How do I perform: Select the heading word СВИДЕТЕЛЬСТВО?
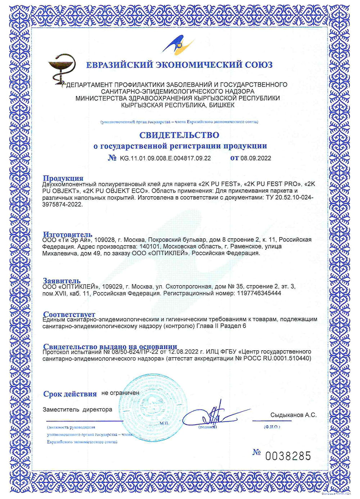(x=179, y=135)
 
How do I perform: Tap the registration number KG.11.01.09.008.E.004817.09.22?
(x=165, y=158)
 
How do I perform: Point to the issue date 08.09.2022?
(x=256, y=158)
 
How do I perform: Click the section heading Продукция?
(x=63, y=178)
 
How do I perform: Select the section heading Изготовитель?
(x=68, y=234)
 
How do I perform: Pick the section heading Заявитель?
(x=62, y=281)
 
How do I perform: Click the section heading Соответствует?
(x=69, y=314)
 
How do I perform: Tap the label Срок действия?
(x=70, y=394)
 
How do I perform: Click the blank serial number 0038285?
(x=288, y=456)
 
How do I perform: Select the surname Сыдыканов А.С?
(x=293, y=415)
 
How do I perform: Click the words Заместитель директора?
(x=77, y=410)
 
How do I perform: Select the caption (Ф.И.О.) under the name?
(x=272, y=427)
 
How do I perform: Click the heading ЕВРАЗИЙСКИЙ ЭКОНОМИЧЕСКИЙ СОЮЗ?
(x=179, y=65)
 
